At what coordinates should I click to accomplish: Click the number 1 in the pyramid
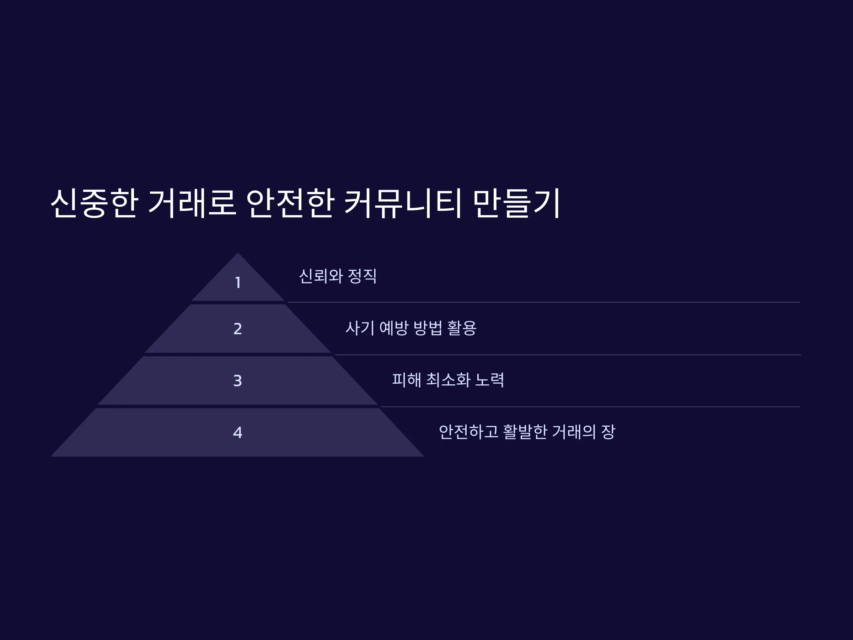pos(238,282)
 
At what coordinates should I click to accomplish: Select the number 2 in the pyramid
pos(237,329)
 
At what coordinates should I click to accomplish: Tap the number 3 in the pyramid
pos(237,381)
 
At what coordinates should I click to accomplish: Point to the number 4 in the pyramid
pos(237,432)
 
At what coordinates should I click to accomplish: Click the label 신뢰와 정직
pos(338,276)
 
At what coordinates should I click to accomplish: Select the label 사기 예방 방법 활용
pos(411,328)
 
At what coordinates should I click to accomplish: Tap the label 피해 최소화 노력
pos(448,380)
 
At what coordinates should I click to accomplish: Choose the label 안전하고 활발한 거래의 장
pos(527,432)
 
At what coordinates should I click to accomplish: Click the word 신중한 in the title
pos(95,203)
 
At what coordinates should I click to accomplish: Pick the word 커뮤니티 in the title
pos(402,203)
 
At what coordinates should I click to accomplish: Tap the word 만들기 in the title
pos(516,203)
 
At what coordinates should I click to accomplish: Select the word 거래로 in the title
pos(192,203)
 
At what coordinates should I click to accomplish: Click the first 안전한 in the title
pos(290,203)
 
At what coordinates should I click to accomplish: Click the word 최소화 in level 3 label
pos(448,380)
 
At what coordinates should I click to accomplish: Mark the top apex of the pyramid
pos(237,253)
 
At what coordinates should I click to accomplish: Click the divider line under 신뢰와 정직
pos(544,302)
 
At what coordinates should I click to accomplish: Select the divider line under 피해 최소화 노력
pos(591,407)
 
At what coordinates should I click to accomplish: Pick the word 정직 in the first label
pos(362,276)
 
